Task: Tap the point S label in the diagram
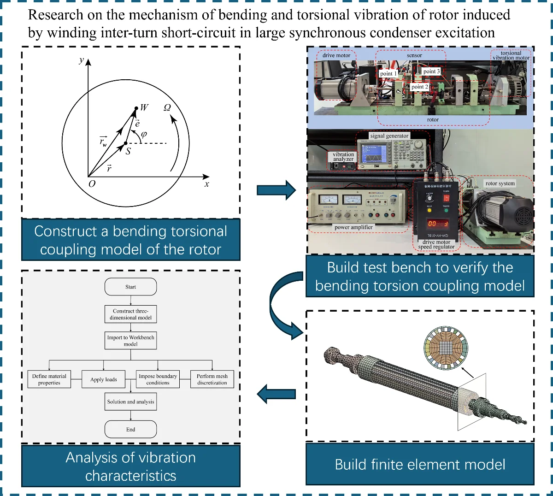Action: pyautogui.click(x=128, y=151)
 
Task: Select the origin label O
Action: pyautogui.click(x=92, y=184)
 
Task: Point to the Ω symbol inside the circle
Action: pyautogui.click(x=167, y=107)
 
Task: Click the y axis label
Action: pyautogui.click(x=82, y=60)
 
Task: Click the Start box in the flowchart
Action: pyautogui.click(x=130, y=287)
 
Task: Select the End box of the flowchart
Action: pyautogui.click(x=130, y=429)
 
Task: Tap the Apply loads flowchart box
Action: pyautogui.click(x=104, y=379)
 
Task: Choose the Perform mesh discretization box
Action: pyautogui.click(x=212, y=379)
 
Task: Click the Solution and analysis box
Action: pyautogui.click(x=130, y=402)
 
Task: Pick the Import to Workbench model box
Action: pyautogui.click(x=130, y=341)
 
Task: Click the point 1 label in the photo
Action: pyautogui.click(x=388, y=74)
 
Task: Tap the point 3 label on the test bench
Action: pyautogui.click(x=431, y=71)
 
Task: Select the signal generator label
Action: pyautogui.click(x=389, y=136)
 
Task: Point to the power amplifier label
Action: pyautogui.click(x=353, y=227)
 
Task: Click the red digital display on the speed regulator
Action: pyautogui.click(x=437, y=224)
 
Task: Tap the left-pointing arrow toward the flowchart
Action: pyautogui.click(x=276, y=394)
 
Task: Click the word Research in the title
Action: pyautogui.click(x=49, y=15)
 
